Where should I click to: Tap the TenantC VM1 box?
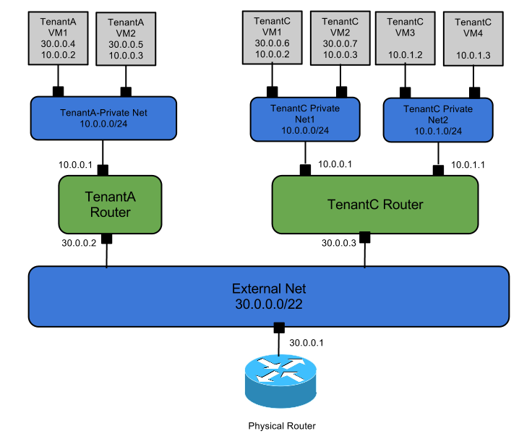tap(272, 38)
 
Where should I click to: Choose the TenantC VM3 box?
tap(405, 38)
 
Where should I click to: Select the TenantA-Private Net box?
tap(103, 118)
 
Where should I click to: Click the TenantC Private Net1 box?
tap(304, 119)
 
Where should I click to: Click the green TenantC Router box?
tap(374, 205)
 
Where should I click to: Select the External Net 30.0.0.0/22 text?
tap(268, 296)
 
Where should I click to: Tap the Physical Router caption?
tap(282, 426)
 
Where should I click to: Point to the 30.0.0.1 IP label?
tap(306, 342)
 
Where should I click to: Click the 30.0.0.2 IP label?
tap(80, 242)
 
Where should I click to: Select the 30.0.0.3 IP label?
tap(339, 243)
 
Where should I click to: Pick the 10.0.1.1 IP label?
tap(468, 165)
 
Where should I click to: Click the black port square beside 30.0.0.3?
tap(364, 237)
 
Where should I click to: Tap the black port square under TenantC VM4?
tap(475, 92)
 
